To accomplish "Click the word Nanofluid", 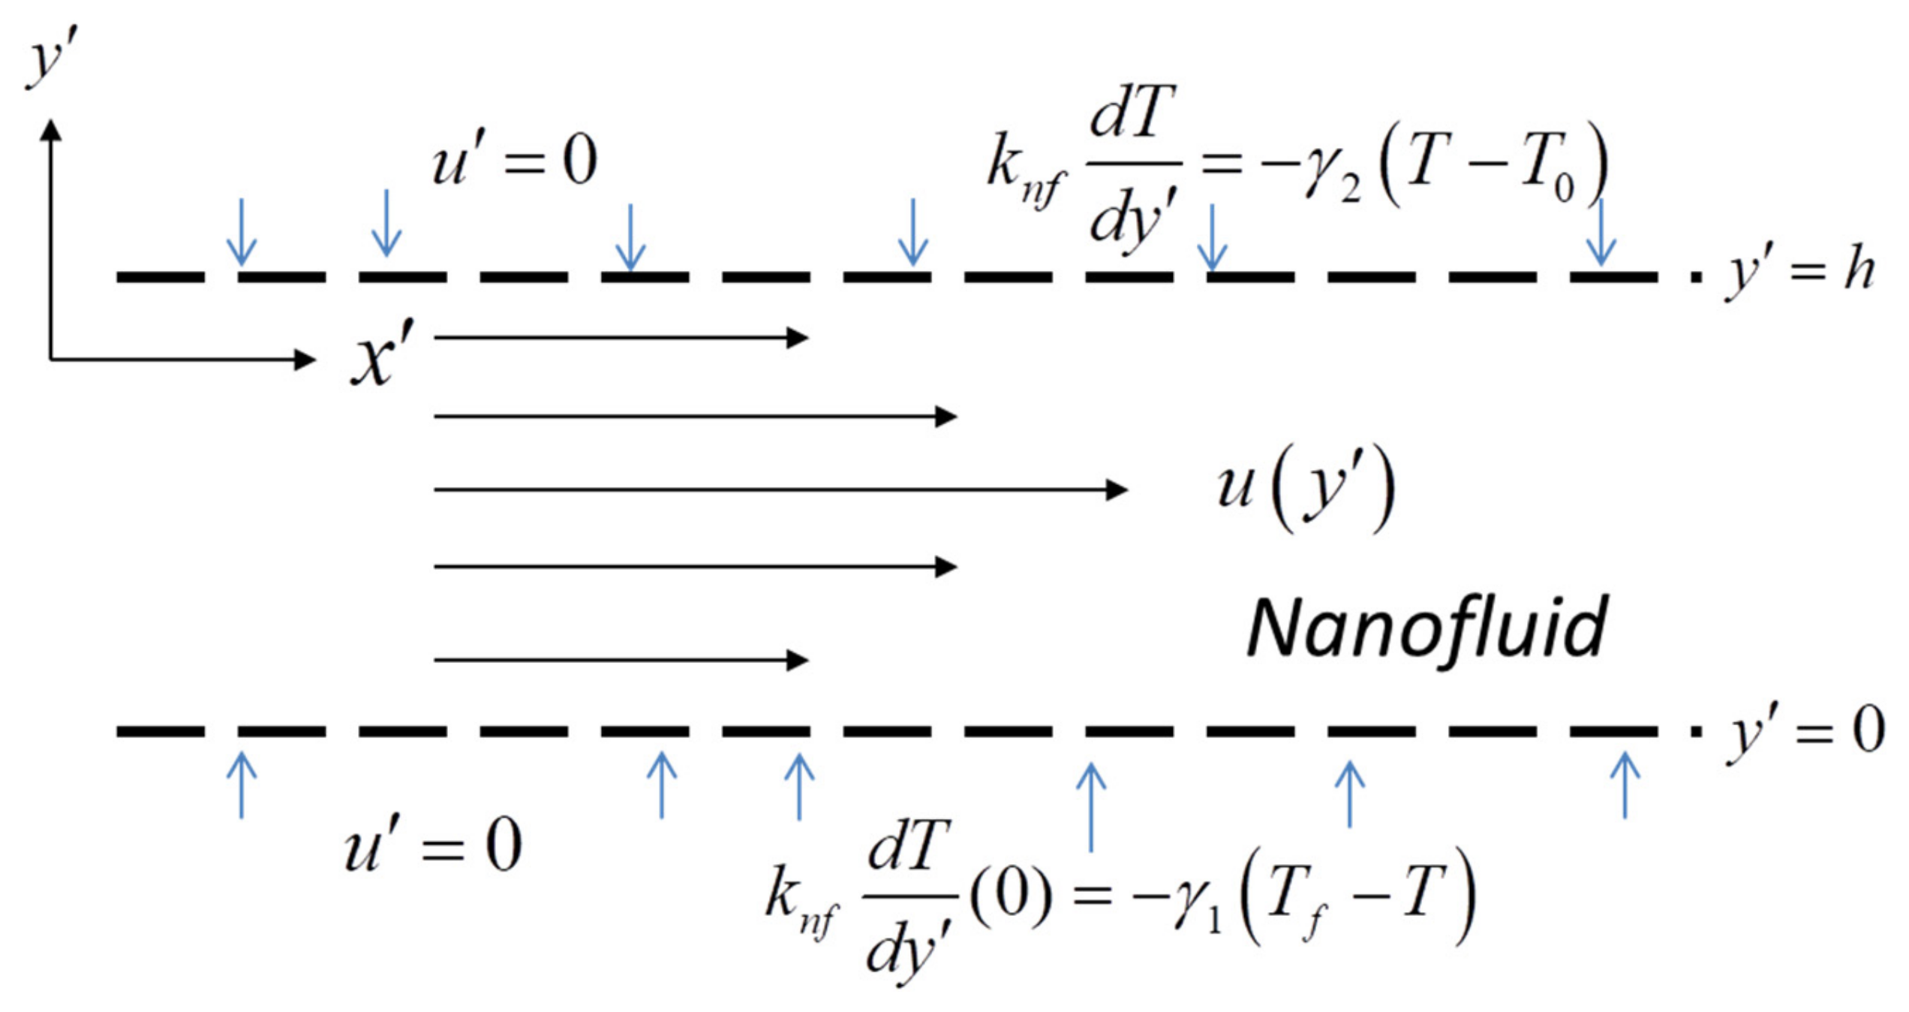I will [1426, 629].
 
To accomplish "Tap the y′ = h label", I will [1801, 272].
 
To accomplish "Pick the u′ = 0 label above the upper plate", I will [515, 161].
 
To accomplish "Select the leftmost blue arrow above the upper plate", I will [242, 233].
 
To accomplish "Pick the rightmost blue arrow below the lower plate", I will [1625, 785].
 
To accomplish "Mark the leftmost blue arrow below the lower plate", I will [242, 785].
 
